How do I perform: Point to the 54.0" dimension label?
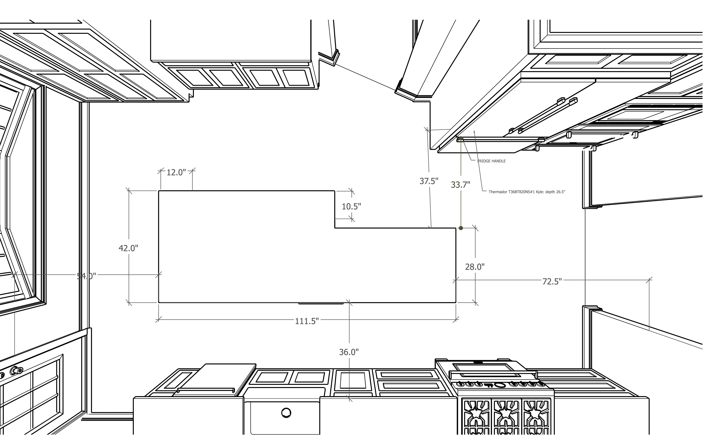coord(86,276)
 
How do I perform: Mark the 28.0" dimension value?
coord(475,267)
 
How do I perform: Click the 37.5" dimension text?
coord(429,181)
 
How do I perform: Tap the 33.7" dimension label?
coord(461,185)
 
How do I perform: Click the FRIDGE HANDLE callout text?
coord(492,161)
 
